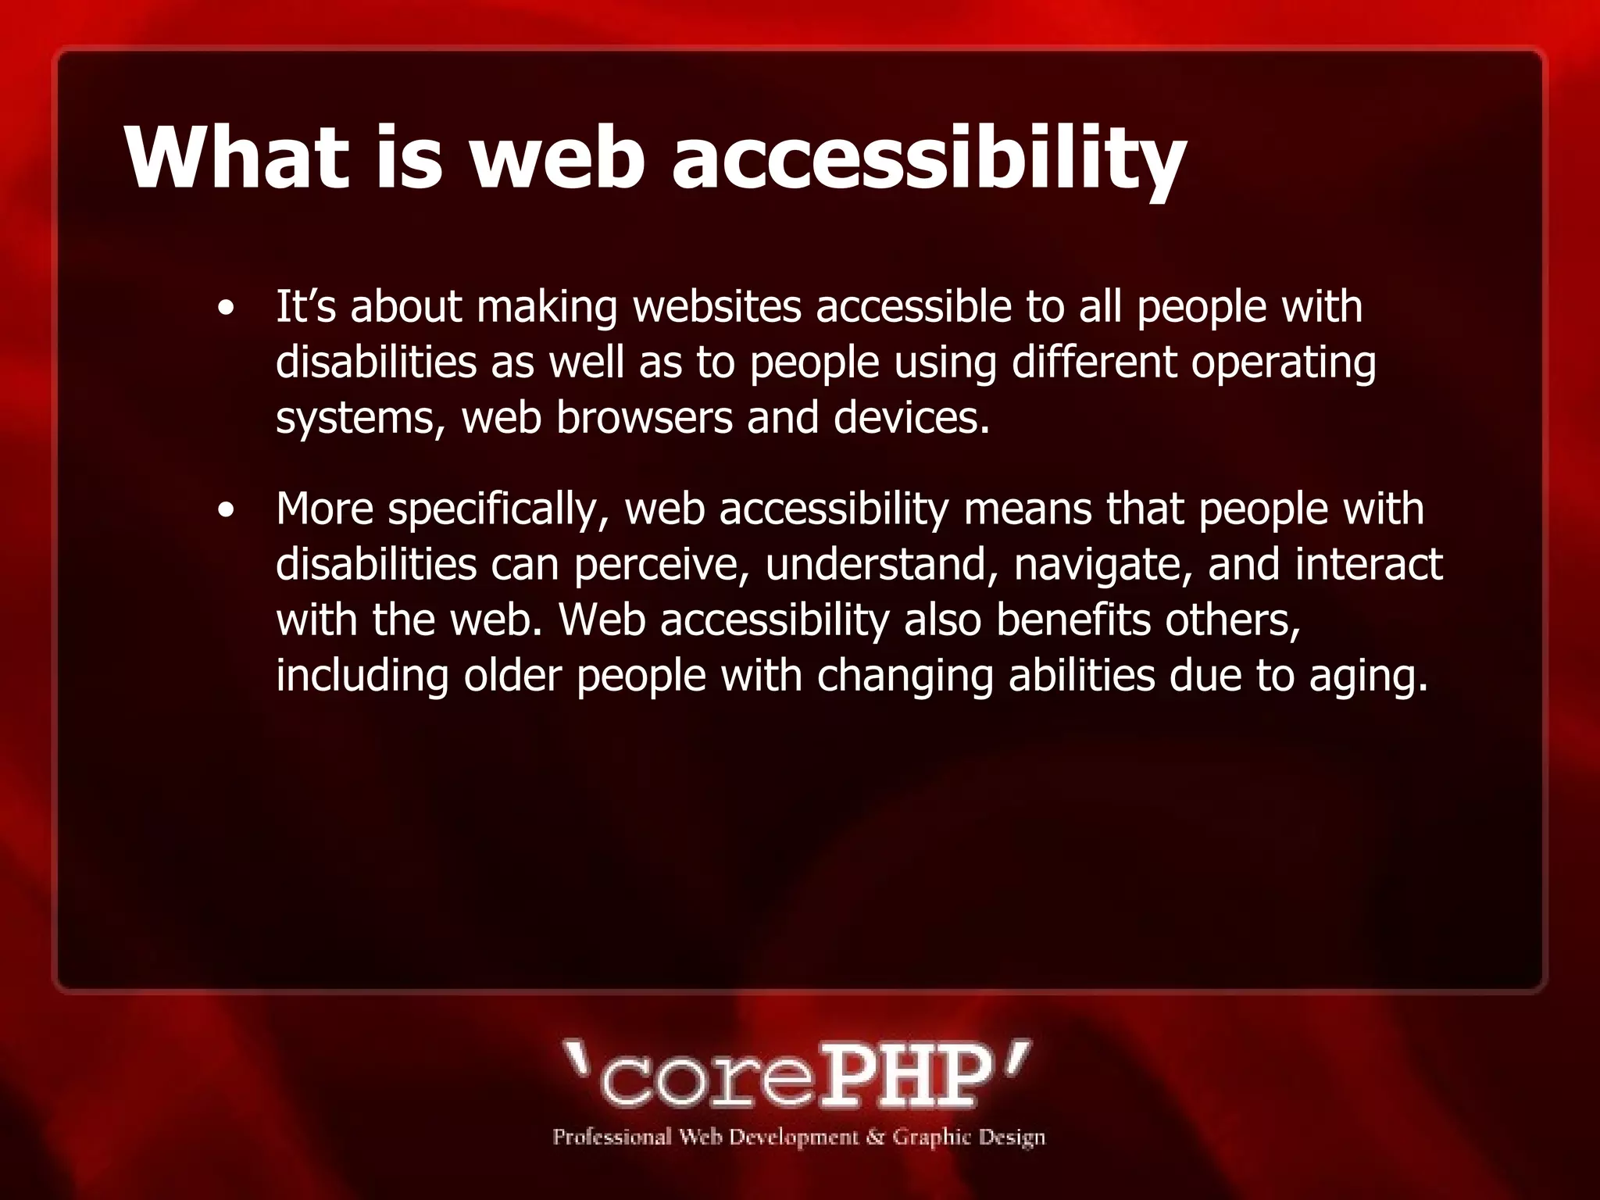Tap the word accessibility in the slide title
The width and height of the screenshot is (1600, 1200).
pos(929,160)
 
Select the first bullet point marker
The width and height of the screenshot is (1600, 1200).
pos(227,308)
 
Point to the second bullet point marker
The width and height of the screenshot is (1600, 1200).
pos(227,512)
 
